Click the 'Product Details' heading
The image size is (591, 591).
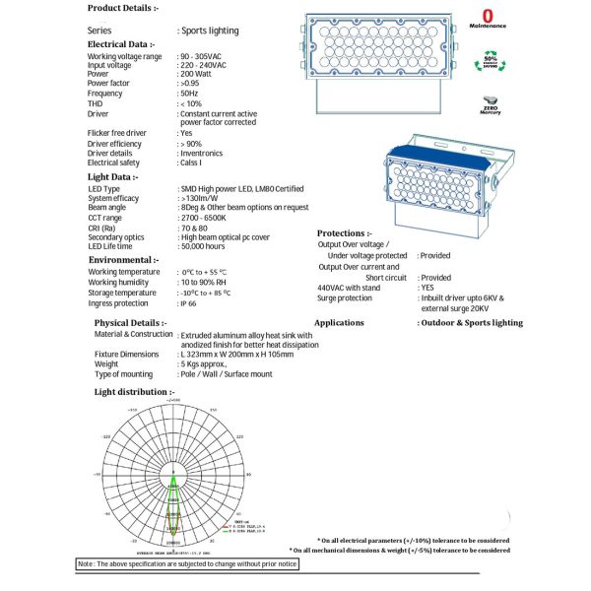tap(121, 8)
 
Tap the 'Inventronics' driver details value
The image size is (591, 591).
tap(209, 154)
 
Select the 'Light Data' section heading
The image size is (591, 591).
tap(113, 176)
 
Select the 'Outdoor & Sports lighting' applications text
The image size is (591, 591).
tap(471, 322)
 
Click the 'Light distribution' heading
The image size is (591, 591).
tap(134, 392)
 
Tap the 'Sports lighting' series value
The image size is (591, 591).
tap(208, 31)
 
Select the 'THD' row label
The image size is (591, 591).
tap(96, 103)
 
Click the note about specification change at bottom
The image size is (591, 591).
tap(187, 564)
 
